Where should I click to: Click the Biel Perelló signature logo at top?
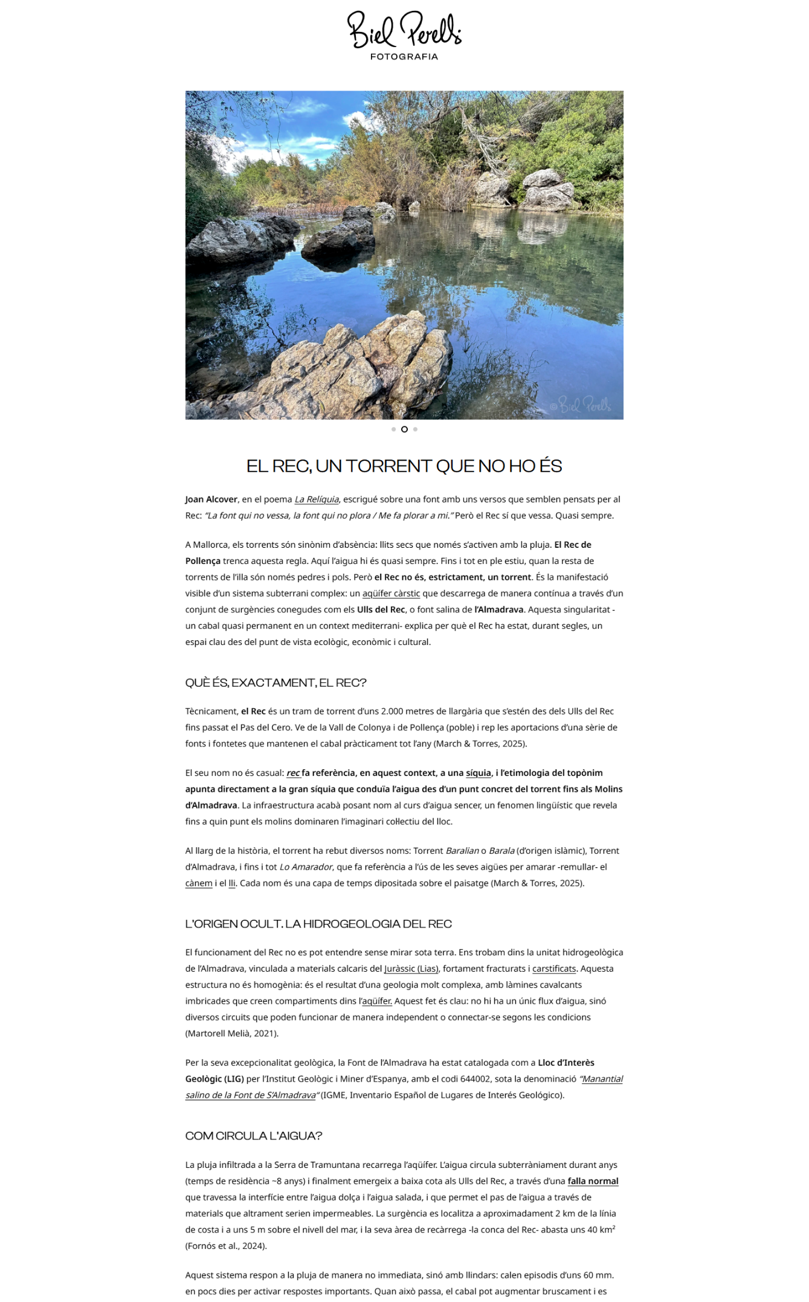[404, 30]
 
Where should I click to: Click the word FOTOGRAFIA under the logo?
[404, 57]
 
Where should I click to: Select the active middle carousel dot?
[404, 429]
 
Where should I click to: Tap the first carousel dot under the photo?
[393, 429]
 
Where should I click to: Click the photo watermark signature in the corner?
[581, 405]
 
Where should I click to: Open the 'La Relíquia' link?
[317, 499]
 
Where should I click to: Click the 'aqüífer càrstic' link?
[391, 594]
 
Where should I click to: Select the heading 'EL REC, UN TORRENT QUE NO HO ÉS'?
[404, 466]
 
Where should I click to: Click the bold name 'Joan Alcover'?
[211, 499]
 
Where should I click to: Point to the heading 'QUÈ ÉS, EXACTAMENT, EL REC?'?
[276, 683]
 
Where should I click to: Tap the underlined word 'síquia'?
[479, 773]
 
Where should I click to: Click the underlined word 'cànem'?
[199, 883]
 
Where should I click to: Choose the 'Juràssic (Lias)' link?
[411, 969]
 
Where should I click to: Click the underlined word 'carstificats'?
[554, 969]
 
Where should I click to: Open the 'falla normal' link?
[593, 1181]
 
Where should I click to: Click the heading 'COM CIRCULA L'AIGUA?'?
[254, 1136]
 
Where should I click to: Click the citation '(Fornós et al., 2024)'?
[226, 1246]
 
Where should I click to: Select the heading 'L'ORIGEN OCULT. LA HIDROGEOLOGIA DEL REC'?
[318, 924]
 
